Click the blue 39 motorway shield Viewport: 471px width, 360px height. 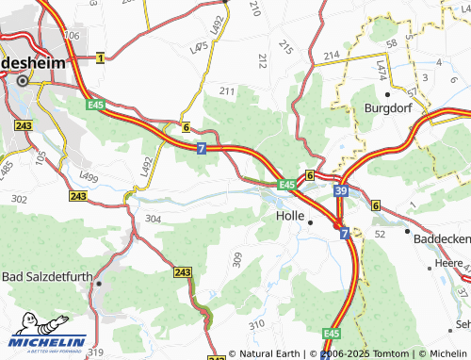pyautogui.click(x=338, y=190)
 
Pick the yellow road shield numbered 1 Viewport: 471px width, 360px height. pyautogui.click(x=100, y=58)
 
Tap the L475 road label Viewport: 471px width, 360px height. pyautogui.click(x=199, y=47)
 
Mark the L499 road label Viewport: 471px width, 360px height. pyautogui.click(x=89, y=175)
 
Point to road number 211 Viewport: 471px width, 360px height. pyautogui.click(x=227, y=91)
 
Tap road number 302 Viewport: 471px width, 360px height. pyautogui.click(x=19, y=199)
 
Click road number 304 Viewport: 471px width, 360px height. pyautogui.click(x=153, y=218)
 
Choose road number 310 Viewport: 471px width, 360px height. pyautogui.click(x=255, y=325)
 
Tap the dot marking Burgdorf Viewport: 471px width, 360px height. pyautogui.click(x=387, y=94)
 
